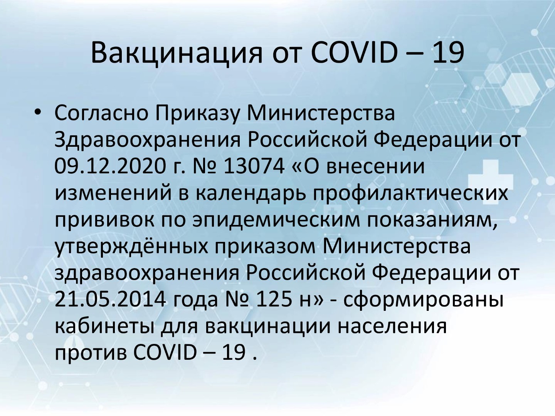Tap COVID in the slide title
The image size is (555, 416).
[x=353, y=53]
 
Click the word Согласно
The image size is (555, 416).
[x=101, y=113]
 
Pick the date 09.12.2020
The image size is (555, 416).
[x=110, y=166]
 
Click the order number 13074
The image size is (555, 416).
[x=254, y=166]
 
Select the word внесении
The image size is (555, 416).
[x=375, y=166]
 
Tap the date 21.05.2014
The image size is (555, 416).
[x=110, y=300]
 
